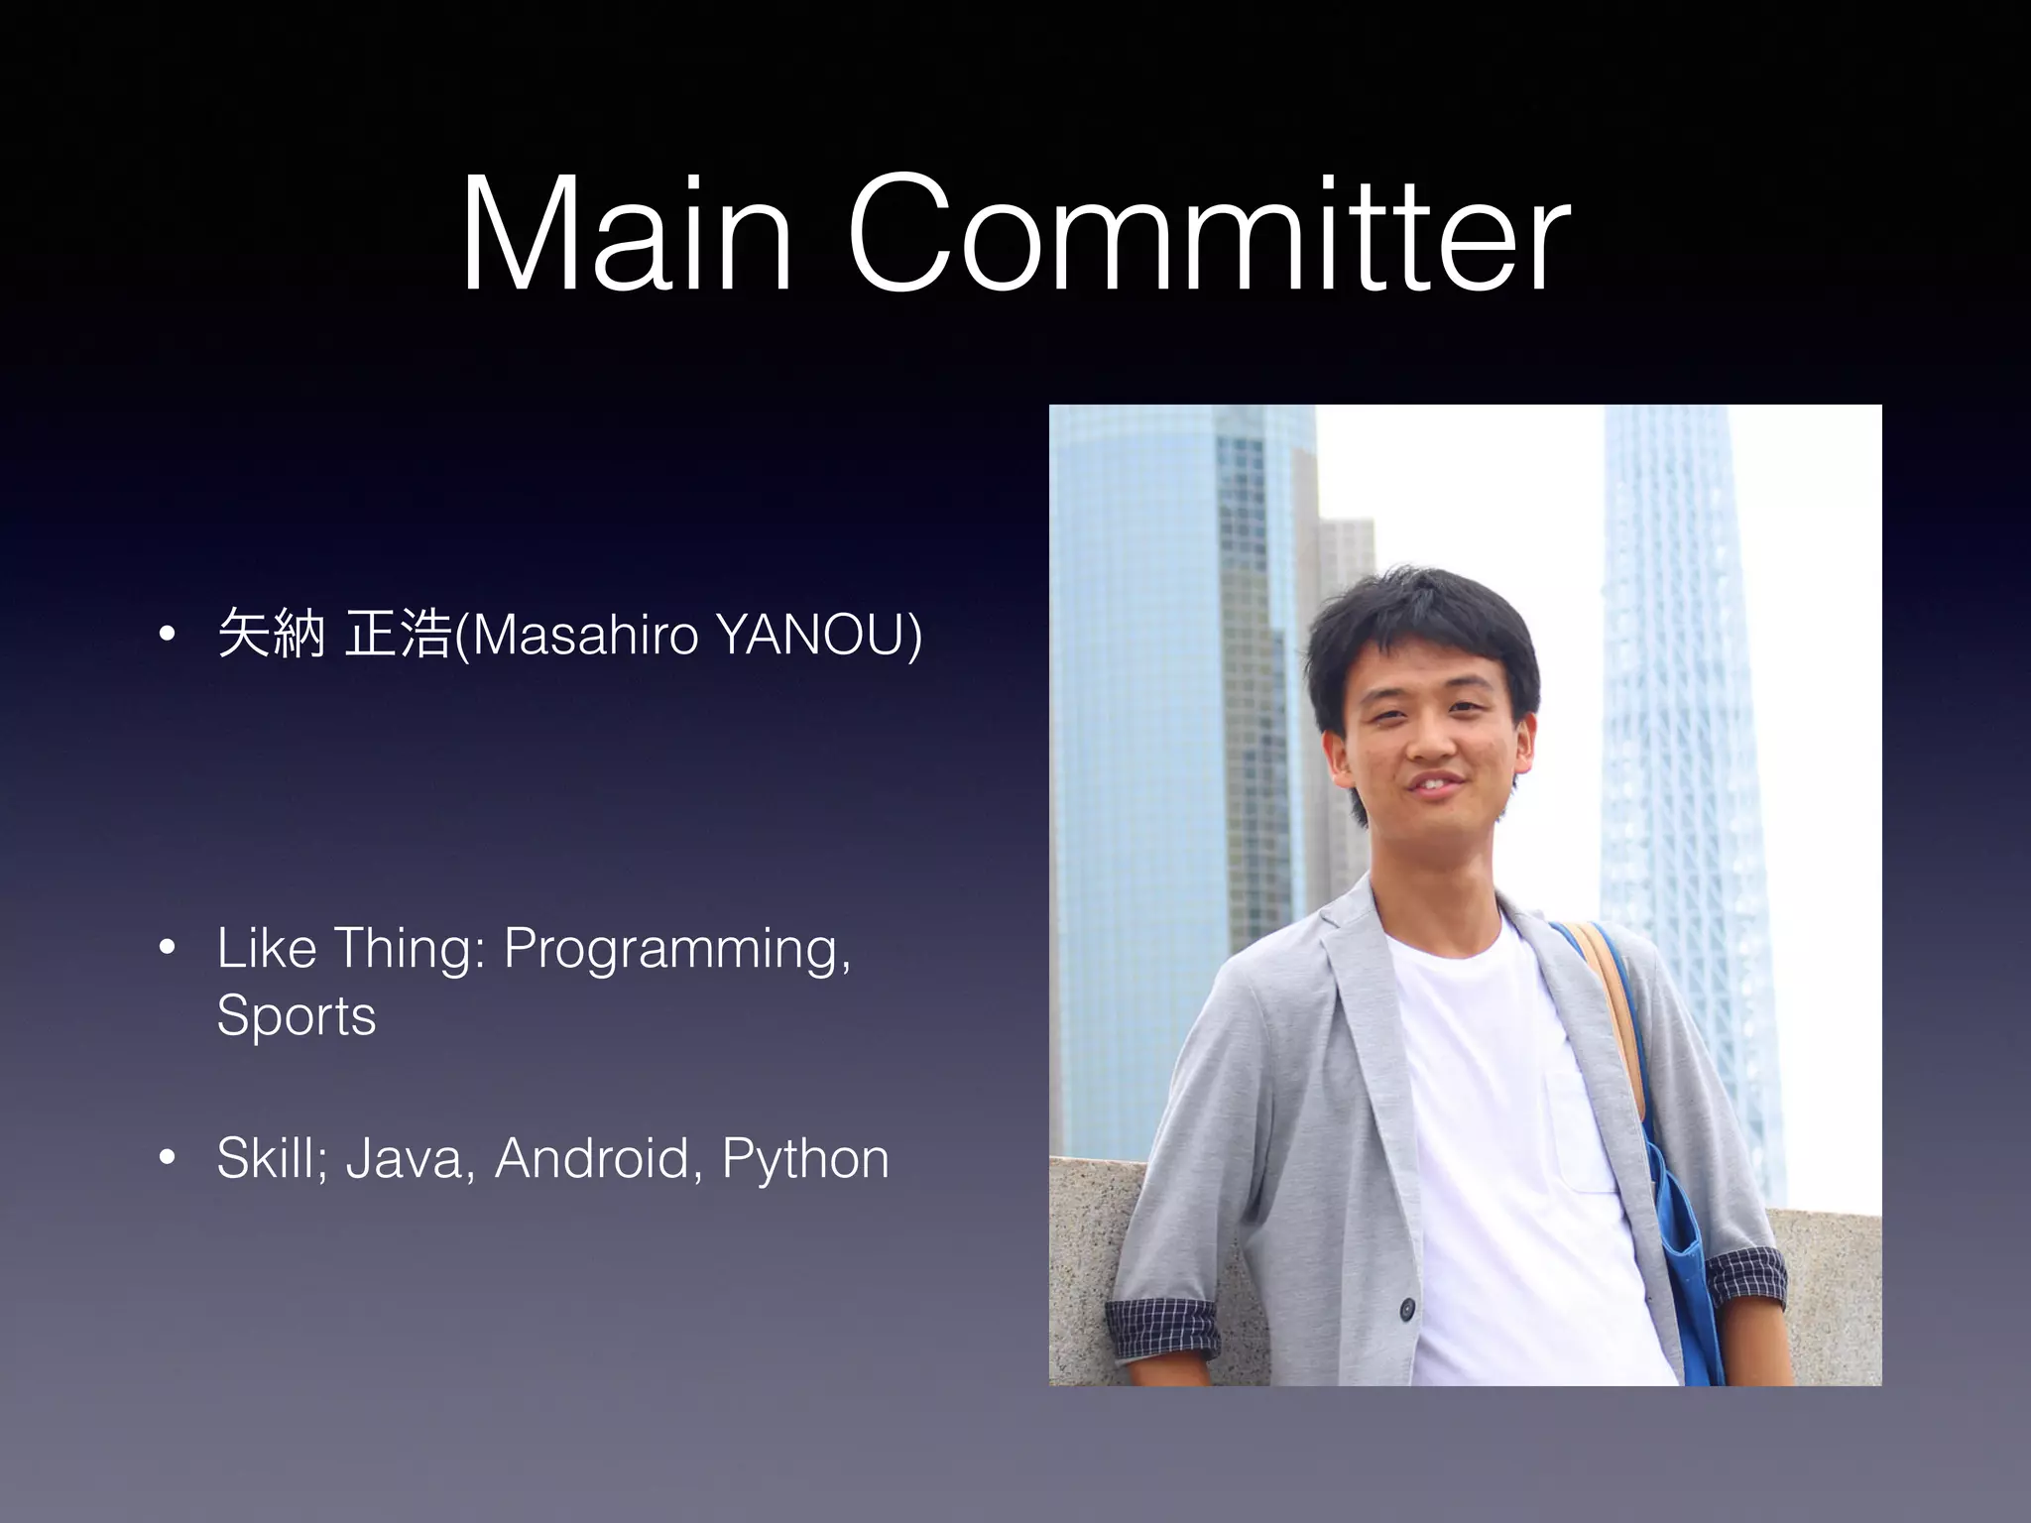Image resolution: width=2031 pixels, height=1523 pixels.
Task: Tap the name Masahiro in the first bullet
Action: (586, 635)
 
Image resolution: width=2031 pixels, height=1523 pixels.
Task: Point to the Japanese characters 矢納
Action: (271, 635)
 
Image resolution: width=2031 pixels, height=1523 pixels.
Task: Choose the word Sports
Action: (297, 1015)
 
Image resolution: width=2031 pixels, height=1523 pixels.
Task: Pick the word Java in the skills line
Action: (405, 1158)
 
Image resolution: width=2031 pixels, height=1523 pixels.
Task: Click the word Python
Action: (805, 1158)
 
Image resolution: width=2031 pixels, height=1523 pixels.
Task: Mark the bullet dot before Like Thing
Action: (167, 949)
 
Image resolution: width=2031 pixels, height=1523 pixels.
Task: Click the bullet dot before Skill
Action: (167, 1158)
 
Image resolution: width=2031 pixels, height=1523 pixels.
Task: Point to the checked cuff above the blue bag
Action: (1745, 1279)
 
